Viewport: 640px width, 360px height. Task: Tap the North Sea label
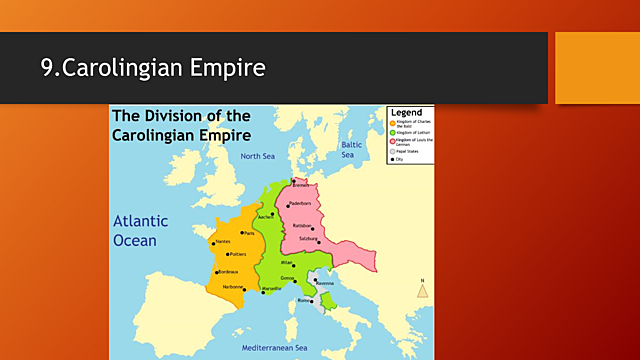[257, 157]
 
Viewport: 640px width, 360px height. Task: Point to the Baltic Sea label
[348, 150]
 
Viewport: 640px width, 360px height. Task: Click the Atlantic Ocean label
[140, 231]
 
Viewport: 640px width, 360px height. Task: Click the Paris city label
[249, 233]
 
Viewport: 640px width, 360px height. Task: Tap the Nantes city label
[222, 242]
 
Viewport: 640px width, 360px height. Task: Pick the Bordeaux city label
[229, 272]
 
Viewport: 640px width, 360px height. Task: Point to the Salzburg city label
[310, 239]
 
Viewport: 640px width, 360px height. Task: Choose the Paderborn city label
[300, 204]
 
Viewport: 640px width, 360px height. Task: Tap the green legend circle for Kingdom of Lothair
[393, 133]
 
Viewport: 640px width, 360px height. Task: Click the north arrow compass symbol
[423, 290]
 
